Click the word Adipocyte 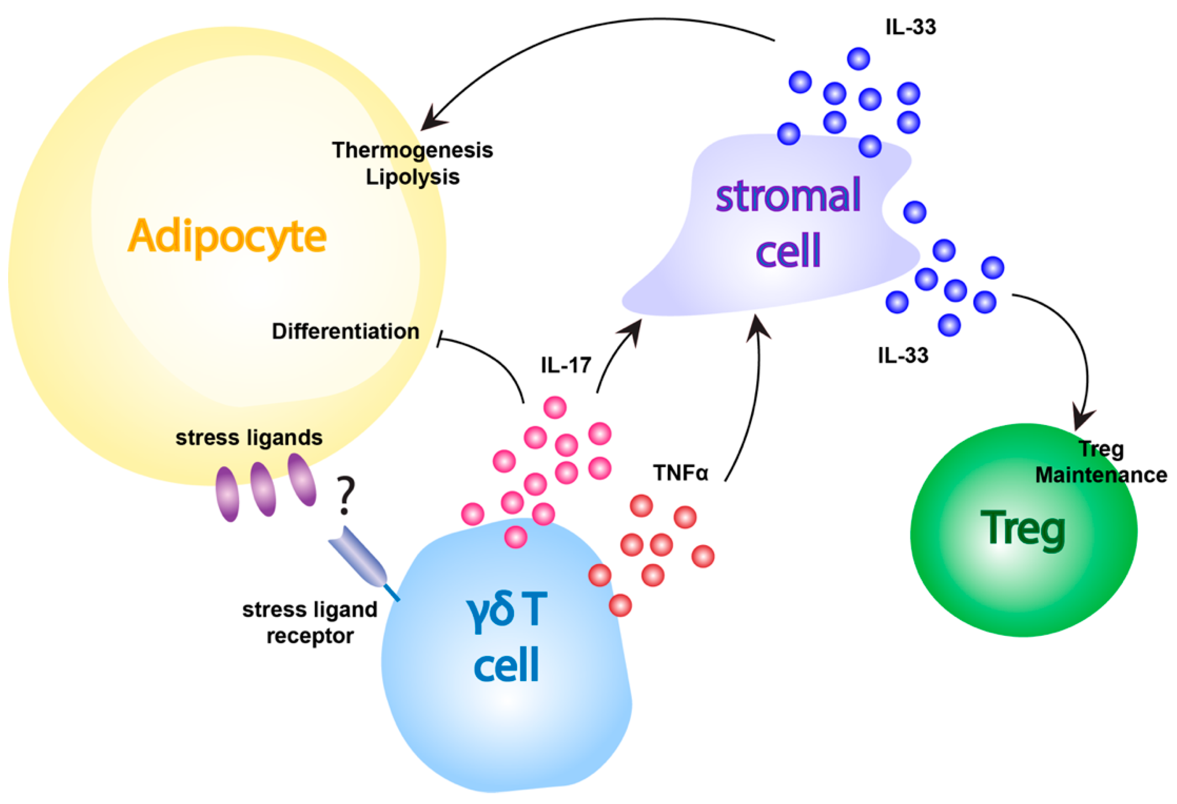tap(227, 236)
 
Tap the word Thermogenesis tap(412, 150)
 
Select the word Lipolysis tap(412, 177)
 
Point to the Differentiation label tap(345, 331)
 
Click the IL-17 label tap(566, 365)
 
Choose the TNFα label tap(680, 473)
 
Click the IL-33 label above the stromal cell tap(910, 27)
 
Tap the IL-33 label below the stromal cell tap(903, 355)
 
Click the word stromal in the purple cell tap(788, 195)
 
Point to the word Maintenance tap(1101, 475)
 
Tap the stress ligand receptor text tap(310, 622)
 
